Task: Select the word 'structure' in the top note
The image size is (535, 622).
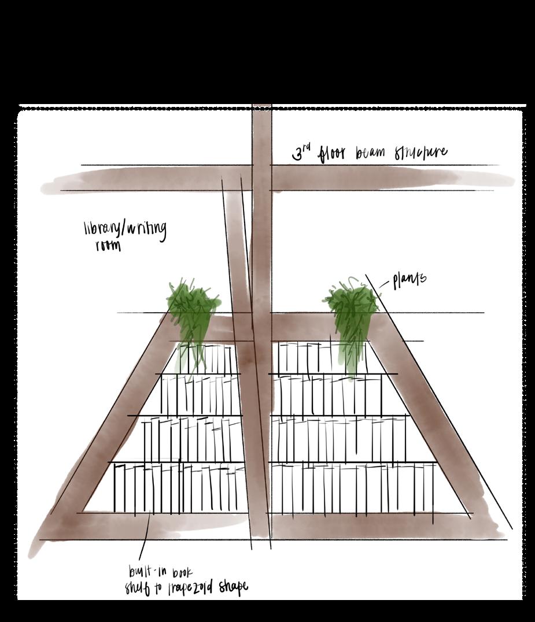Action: (420, 153)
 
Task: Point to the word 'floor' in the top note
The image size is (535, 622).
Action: (334, 153)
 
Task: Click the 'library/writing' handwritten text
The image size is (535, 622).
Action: (125, 229)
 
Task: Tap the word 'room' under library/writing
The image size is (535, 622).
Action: (108, 246)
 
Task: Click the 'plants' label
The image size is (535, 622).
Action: (409, 279)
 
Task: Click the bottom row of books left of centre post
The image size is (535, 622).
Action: (179, 488)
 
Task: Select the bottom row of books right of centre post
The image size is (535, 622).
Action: (353, 488)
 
